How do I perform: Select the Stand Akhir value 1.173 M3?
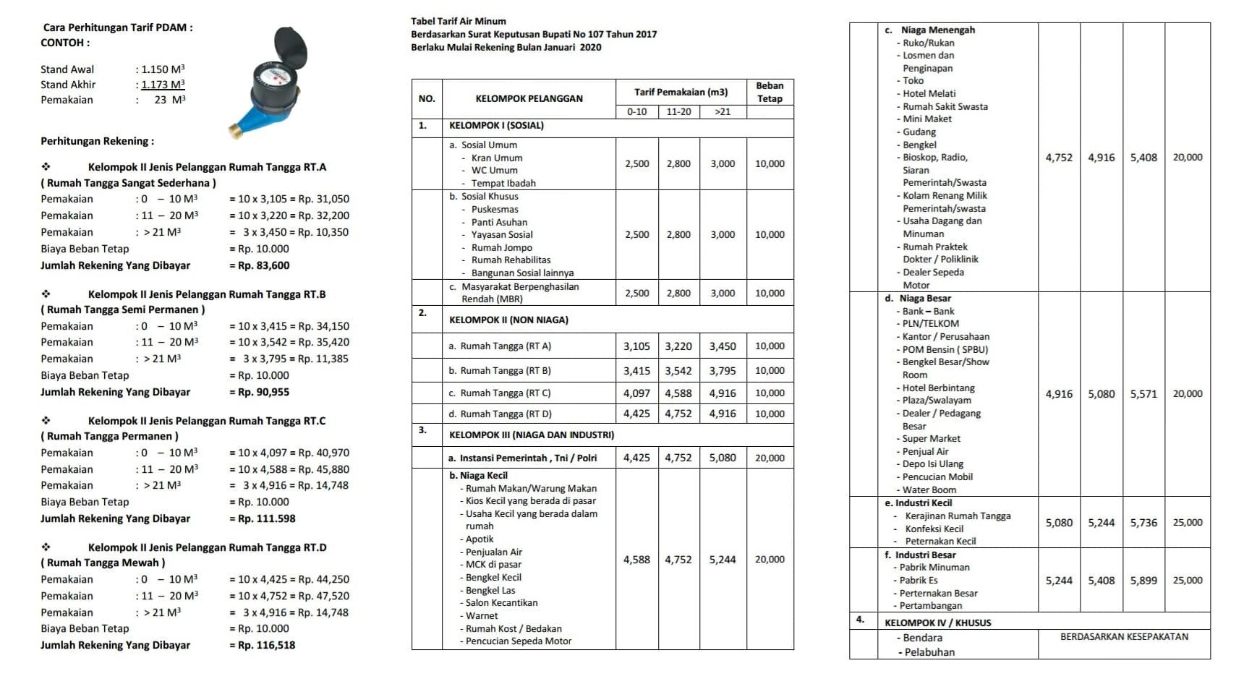[x=163, y=85]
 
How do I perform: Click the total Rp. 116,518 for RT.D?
[x=266, y=645]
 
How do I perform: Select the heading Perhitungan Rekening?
[x=97, y=141]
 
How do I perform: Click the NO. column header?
[x=427, y=98]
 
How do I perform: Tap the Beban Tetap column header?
[x=770, y=92]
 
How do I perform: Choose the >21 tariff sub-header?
[x=722, y=111]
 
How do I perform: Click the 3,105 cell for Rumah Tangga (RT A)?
[x=636, y=346]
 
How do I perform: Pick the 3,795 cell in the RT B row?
[x=722, y=371]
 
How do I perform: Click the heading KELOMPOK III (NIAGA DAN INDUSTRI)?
[x=531, y=435]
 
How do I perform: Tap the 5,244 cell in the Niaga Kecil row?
[x=722, y=560]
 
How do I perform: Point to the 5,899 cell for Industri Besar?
[x=1143, y=581]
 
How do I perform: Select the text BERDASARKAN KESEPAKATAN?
[x=1124, y=637]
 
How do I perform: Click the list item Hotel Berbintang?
[x=938, y=388]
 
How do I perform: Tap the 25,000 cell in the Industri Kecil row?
[x=1188, y=522]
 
